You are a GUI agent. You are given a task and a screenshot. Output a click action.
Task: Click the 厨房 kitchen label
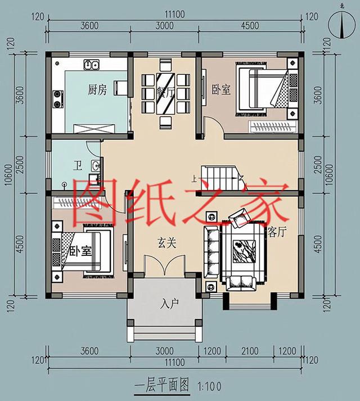point(97,90)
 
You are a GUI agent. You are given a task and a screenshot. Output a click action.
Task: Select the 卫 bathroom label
point(77,166)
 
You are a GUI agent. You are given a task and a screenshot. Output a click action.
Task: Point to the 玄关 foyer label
point(166,243)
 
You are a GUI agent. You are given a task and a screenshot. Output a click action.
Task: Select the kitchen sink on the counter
point(92,66)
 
